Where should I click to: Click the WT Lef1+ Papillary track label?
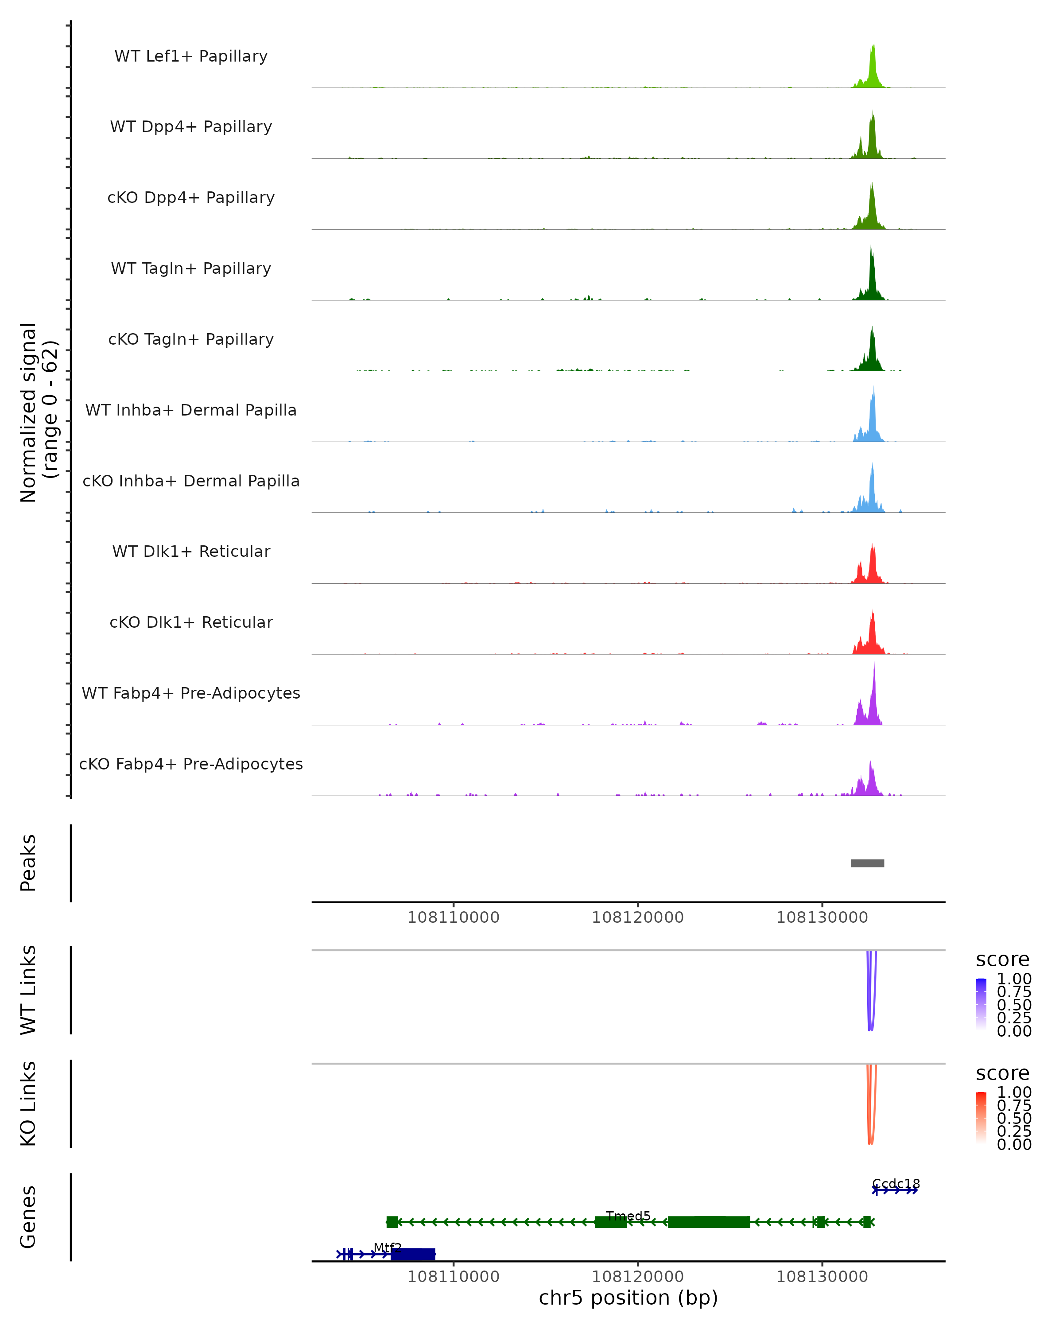pos(191,56)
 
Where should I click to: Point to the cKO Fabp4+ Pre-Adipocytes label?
pos(191,764)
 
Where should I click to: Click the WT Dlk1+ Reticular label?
pos(191,551)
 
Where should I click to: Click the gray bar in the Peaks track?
pos(867,863)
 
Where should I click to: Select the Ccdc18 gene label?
pos(896,1184)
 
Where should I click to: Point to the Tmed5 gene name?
pos(628,1216)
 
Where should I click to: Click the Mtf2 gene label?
pos(388,1247)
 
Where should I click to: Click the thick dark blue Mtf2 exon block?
pos(413,1254)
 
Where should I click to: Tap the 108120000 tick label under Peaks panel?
pos(637,917)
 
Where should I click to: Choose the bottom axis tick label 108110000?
pos(453,1276)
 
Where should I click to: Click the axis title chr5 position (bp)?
pos(628,1298)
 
